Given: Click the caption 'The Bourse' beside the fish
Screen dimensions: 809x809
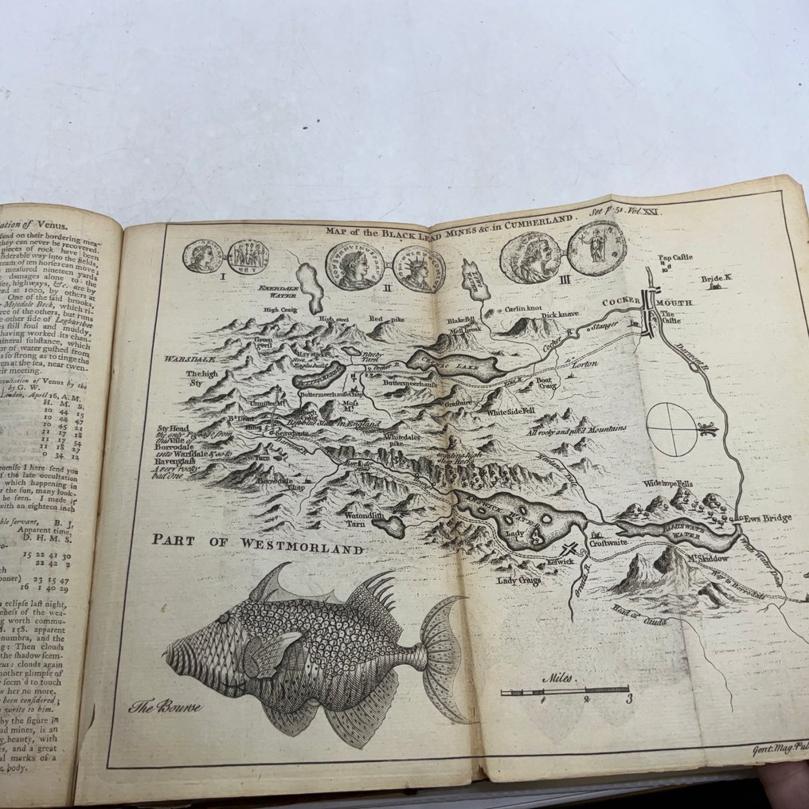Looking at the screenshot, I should (166, 705).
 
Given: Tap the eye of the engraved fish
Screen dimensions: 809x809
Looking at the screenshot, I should (225, 618).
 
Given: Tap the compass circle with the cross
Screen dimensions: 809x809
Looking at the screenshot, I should (671, 429).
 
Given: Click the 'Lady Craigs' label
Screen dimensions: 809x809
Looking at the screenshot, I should (518, 580).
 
